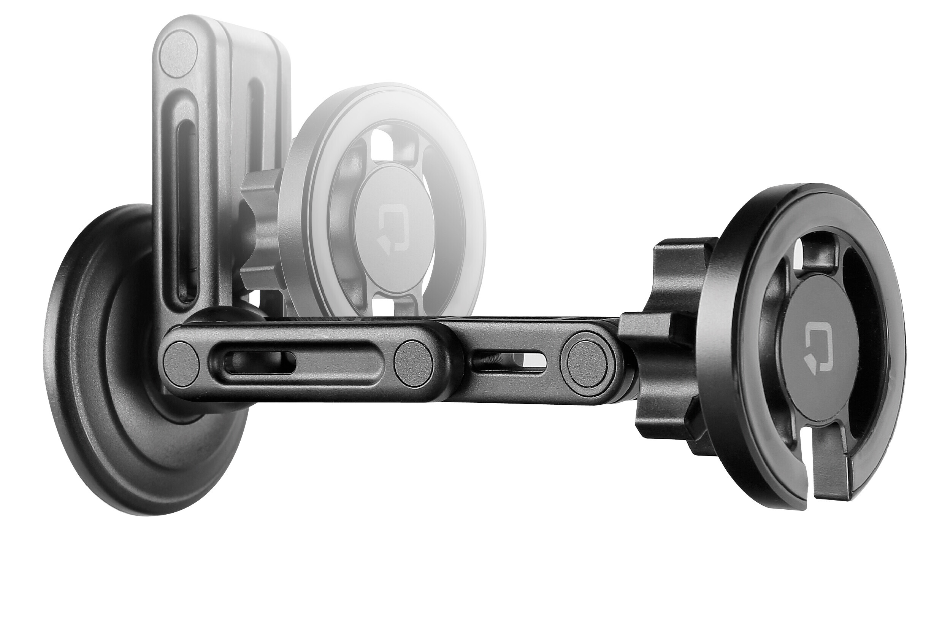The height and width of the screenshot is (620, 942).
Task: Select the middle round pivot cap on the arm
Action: coord(413,362)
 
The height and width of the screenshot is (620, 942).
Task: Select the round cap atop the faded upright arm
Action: coord(179,54)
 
